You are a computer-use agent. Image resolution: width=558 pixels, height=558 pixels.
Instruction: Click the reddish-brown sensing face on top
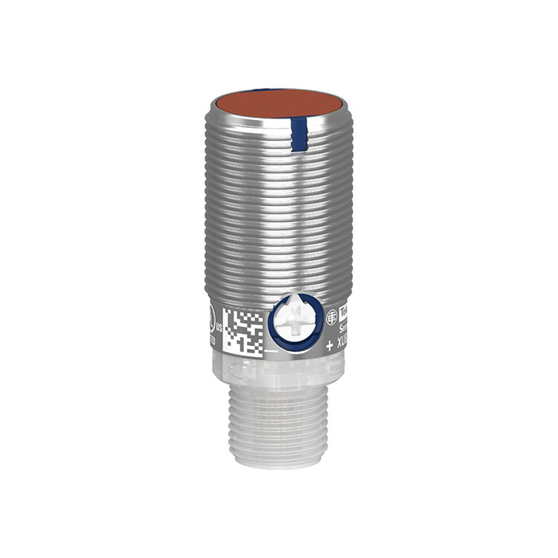tap(279, 103)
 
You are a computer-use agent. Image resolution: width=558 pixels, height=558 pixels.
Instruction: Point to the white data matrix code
tap(242, 331)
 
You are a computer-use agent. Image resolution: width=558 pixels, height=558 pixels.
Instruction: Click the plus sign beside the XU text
tap(330, 347)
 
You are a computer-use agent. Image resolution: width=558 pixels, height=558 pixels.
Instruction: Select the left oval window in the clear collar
tap(243, 371)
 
